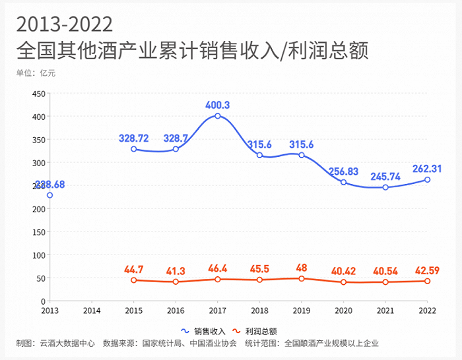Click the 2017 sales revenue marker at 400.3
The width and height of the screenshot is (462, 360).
[x=217, y=116]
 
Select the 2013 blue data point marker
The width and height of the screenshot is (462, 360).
[x=49, y=195]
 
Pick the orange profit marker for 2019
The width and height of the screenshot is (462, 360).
[x=302, y=279]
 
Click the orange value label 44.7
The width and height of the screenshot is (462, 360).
[x=134, y=269]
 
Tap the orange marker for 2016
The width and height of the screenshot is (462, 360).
[x=176, y=282]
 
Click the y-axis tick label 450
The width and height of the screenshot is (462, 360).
[x=38, y=94]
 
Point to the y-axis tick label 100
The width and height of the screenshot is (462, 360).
[x=38, y=255]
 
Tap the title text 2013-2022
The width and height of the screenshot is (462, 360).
[x=65, y=24]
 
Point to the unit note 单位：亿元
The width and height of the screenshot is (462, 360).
[x=36, y=73]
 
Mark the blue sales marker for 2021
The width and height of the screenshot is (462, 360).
[x=385, y=187]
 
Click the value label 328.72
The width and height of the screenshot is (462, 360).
[x=134, y=138]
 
